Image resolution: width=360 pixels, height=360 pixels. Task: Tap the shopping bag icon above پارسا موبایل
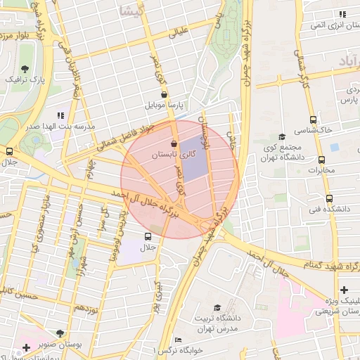point(164,94)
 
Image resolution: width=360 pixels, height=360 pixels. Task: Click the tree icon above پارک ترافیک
point(25,69)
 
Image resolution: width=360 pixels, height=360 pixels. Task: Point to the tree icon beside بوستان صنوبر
point(60,332)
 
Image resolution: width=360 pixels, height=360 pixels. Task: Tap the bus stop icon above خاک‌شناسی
point(314,120)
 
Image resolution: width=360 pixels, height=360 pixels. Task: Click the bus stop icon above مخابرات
point(321,160)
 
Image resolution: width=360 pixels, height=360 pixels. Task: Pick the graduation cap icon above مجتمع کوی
point(282,136)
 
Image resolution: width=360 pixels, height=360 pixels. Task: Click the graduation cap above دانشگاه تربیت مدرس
point(217,308)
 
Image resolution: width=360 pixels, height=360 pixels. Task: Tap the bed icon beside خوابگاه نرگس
point(178,340)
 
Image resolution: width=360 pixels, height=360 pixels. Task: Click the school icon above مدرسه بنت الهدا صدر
point(60,115)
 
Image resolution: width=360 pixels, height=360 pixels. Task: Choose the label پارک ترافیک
point(25,80)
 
